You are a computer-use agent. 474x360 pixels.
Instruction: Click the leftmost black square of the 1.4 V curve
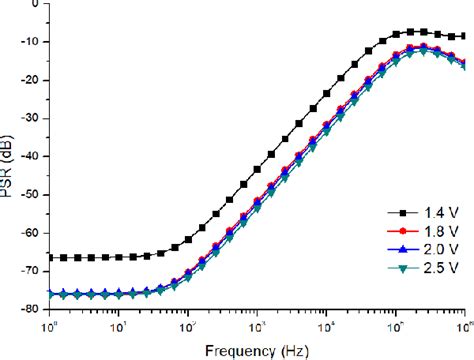[49, 257]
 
